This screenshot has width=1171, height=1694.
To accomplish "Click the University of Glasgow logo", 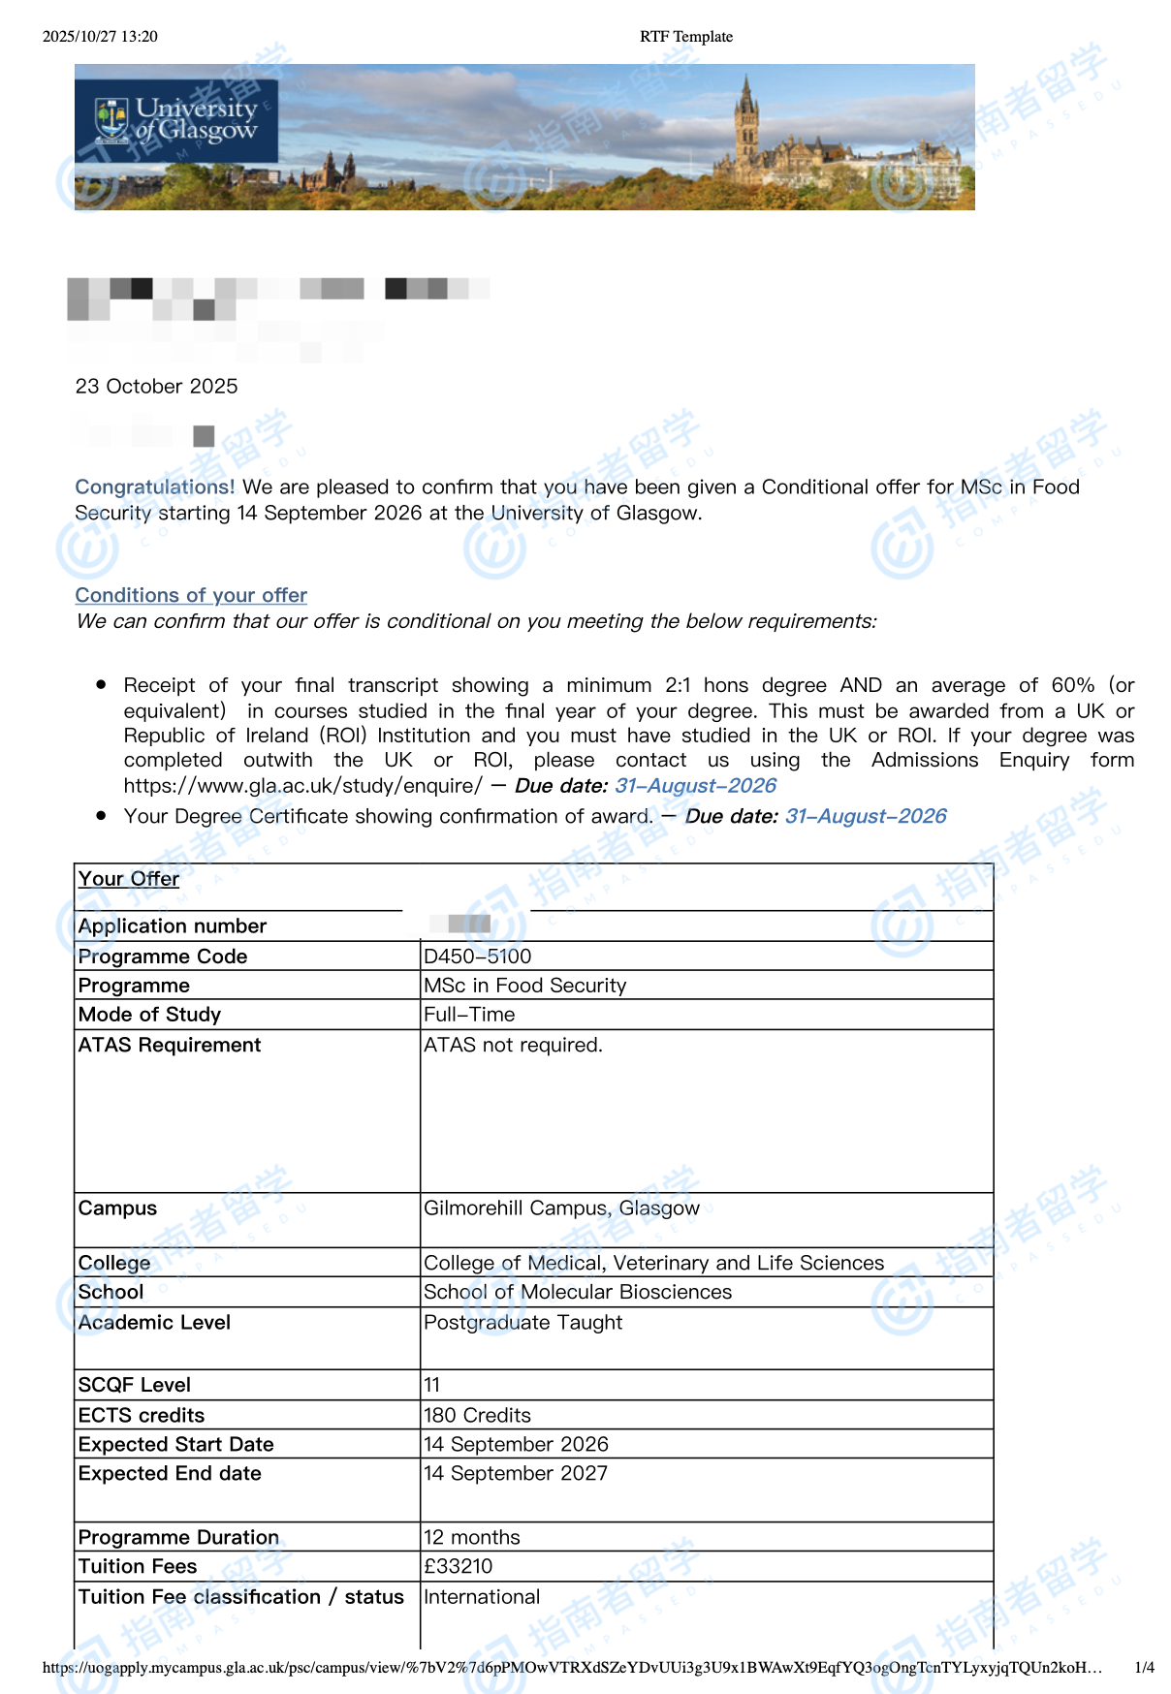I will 176,120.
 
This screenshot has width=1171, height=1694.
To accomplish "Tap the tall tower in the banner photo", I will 745,126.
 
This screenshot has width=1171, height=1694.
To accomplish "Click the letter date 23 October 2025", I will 156,387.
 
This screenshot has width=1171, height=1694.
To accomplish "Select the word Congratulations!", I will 155,486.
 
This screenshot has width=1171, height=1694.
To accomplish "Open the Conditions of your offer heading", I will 191,595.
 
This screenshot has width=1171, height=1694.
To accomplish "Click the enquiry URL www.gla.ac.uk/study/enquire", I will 302,786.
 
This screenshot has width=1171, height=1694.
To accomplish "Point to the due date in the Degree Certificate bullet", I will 866,816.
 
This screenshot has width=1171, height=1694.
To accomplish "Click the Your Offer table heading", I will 129,879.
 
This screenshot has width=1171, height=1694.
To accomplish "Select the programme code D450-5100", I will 477,957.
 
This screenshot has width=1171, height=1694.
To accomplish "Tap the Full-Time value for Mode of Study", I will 469,1015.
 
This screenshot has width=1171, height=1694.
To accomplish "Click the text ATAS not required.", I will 513,1045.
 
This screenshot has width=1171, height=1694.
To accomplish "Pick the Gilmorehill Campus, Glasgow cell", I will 561,1208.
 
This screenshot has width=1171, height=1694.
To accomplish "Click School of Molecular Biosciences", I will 578,1292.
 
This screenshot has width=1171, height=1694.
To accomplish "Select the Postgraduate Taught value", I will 522,1323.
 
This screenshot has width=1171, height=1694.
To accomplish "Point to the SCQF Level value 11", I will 432,1385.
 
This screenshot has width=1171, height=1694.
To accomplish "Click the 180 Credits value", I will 477,1415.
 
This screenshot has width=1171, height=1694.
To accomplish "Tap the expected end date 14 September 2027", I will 516,1473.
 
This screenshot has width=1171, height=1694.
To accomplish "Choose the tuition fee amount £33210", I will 459,1566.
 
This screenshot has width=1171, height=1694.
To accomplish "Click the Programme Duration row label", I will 178,1537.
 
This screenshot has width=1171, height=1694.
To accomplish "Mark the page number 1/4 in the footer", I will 1144,1668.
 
